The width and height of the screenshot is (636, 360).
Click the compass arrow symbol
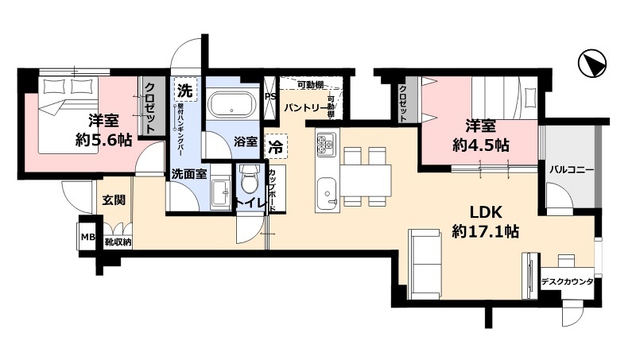593,64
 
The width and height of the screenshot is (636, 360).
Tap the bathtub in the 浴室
230,104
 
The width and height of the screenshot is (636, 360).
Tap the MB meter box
86,236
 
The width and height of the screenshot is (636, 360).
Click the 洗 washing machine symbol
184,88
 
